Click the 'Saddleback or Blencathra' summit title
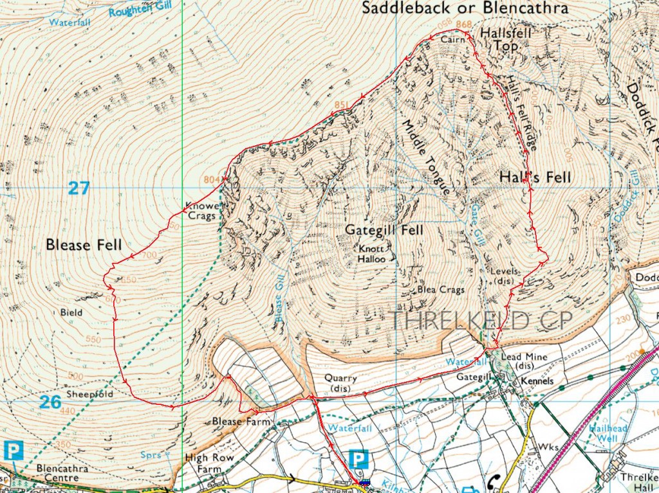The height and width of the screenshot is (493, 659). point(465,8)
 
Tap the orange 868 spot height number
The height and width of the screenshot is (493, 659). point(463,25)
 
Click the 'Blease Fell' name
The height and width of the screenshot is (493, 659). point(84,245)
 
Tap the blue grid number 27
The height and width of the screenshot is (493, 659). point(79,189)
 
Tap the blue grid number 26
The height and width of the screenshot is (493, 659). point(50,402)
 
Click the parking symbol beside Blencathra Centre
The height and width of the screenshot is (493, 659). point(13,451)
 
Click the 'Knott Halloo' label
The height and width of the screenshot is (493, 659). point(372,253)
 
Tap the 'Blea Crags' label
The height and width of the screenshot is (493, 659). point(441,290)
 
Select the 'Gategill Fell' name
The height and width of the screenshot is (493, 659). point(384,229)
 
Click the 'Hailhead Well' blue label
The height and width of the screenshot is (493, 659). point(602,433)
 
